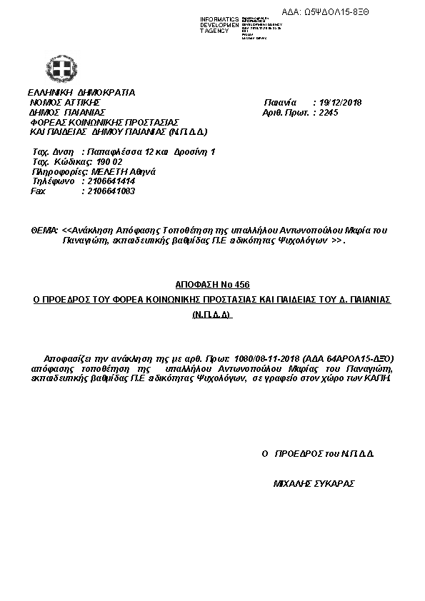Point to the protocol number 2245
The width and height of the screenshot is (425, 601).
click(329, 112)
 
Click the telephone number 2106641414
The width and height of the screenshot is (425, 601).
click(108, 181)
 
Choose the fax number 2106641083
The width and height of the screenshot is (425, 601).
click(108, 191)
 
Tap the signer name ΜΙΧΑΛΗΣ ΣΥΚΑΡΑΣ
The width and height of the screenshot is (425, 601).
click(314, 483)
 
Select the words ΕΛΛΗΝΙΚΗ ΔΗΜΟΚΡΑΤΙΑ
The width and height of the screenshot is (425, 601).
click(81, 92)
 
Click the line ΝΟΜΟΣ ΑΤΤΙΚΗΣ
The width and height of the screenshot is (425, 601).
click(64, 102)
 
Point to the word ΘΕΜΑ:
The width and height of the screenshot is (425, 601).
click(44, 231)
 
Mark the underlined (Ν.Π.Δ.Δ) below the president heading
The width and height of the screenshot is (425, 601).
click(213, 315)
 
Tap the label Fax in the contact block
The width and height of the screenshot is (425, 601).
click(38, 191)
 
